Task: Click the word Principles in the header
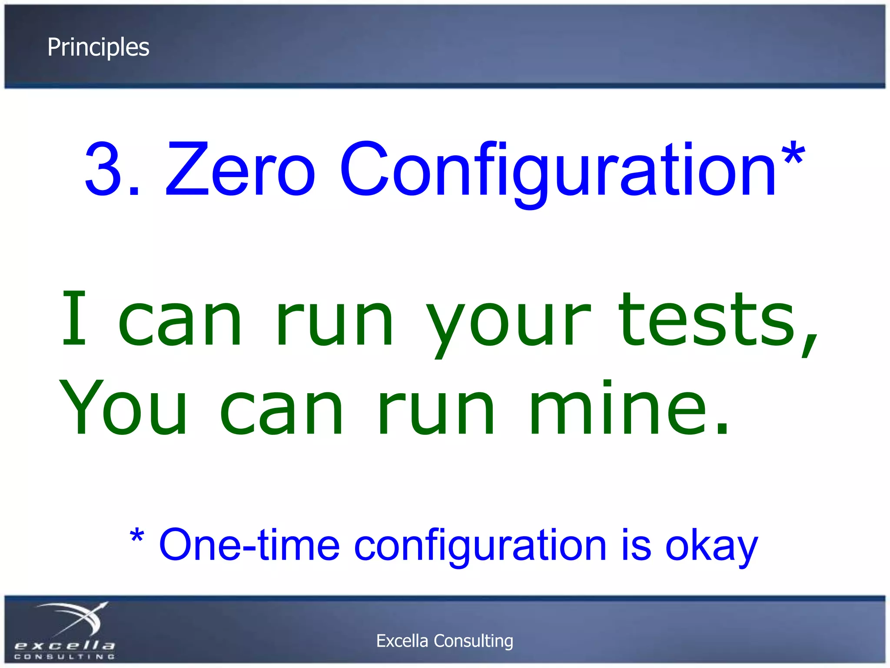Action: [x=98, y=47]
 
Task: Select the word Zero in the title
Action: [x=240, y=169]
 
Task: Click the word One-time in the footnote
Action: [x=249, y=545]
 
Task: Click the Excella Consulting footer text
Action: [x=445, y=641]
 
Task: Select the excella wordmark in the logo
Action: [x=65, y=645]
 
